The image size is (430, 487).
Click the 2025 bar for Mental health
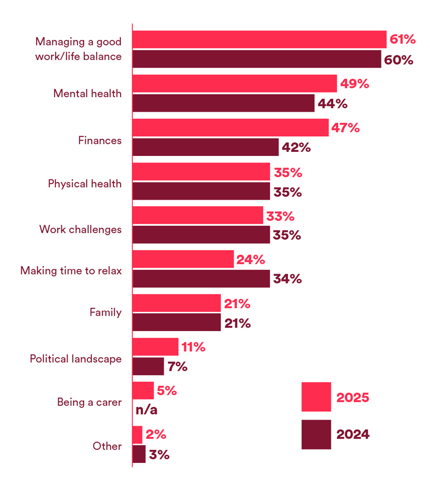point(234,83)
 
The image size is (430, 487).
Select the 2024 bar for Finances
point(206,147)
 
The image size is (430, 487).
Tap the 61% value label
point(403,39)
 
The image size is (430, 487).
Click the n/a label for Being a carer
point(146,409)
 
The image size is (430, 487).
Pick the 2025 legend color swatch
point(316,396)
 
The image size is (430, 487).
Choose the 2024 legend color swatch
point(316,434)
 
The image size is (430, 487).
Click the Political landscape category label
point(76,359)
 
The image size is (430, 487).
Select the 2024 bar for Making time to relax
point(201,279)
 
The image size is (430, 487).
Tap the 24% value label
point(251,259)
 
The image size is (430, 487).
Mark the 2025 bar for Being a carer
point(143,390)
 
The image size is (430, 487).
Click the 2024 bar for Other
point(139,454)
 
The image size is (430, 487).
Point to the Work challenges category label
point(81,229)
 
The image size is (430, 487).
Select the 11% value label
point(193,347)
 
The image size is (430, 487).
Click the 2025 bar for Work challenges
point(198,215)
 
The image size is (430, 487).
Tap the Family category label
point(106,312)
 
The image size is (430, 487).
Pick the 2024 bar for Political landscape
point(148,366)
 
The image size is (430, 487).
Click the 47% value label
point(345,128)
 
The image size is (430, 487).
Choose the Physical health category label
point(85,184)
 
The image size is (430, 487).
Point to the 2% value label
point(156,434)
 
